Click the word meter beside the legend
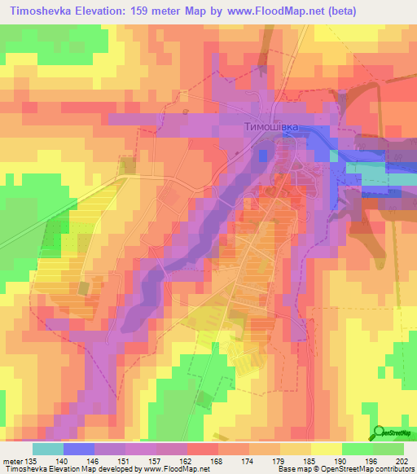click(x=12, y=460)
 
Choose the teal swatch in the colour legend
click(x=47, y=449)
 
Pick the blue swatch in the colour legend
click(x=78, y=449)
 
